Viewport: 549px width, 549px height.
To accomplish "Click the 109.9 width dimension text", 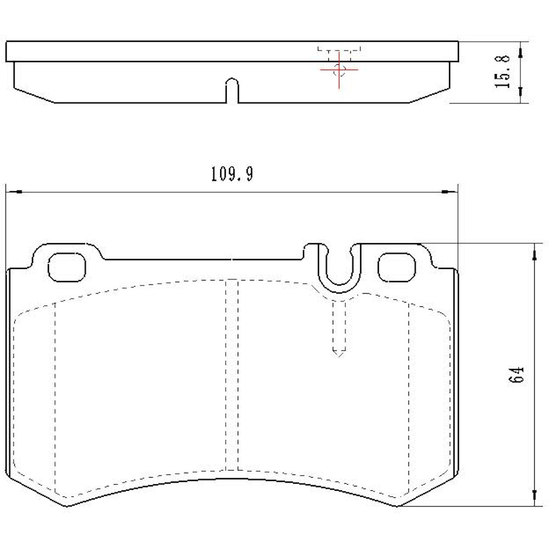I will pyautogui.click(x=231, y=175).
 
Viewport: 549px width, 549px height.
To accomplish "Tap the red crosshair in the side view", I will pyautogui.click(x=339, y=70).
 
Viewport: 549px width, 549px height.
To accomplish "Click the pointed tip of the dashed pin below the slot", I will pyautogui.click(x=339, y=356).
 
